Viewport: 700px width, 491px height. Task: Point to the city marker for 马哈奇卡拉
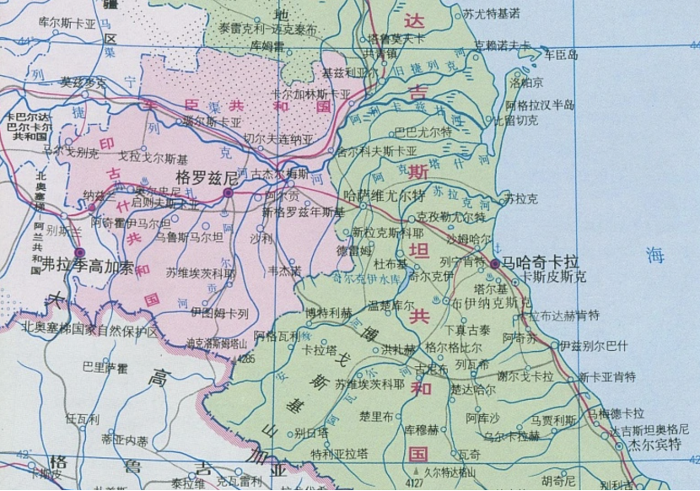click(494, 265)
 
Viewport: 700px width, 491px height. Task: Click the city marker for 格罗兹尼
click(228, 193)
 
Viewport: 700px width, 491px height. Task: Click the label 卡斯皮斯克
click(553, 276)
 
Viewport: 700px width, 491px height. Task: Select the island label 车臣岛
click(561, 55)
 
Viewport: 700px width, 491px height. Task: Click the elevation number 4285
click(246, 359)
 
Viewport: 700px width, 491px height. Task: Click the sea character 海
click(654, 252)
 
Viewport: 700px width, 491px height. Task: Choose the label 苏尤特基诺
click(491, 13)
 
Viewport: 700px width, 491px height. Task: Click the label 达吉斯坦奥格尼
click(649, 429)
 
